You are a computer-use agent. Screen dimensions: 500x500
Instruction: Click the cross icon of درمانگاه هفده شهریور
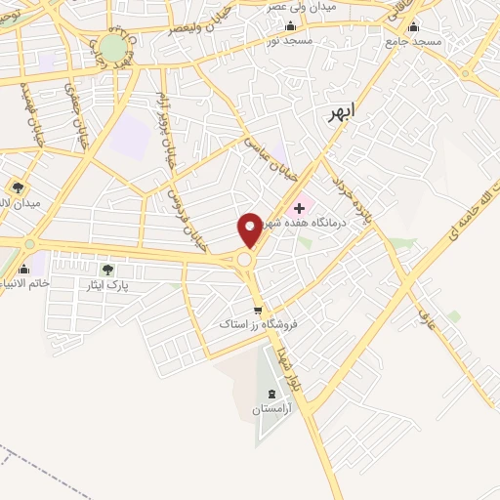299,208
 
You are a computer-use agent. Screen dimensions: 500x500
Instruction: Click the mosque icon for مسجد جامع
413,27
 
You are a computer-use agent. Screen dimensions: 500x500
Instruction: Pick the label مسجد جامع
413,42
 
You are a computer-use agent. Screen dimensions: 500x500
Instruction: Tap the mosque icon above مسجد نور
290,25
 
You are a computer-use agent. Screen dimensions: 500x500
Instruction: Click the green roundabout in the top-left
113,46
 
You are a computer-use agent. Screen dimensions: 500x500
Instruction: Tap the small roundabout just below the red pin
243,260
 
